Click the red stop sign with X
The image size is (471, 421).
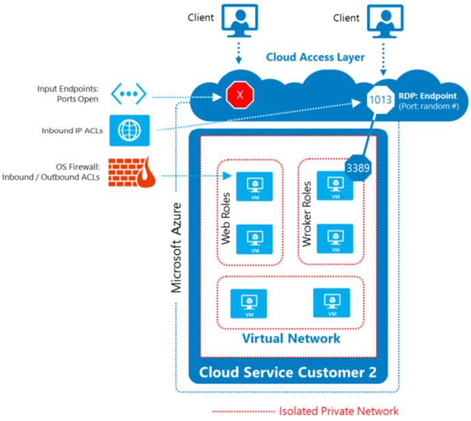click(x=239, y=96)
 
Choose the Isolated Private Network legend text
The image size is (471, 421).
click(x=338, y=411)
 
